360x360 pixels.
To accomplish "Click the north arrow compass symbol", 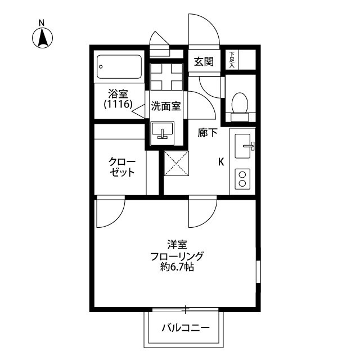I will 42,35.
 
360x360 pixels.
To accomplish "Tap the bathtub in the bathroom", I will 118,68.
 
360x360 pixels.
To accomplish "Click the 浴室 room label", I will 119,93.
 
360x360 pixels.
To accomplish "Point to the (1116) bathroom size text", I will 118,105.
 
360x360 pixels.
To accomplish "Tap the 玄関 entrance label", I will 204,62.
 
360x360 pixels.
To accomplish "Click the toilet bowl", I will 240,103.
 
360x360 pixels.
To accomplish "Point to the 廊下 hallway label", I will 208,134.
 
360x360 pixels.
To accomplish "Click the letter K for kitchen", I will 221,162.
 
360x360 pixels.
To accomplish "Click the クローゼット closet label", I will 122,167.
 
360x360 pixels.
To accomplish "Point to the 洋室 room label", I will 177,245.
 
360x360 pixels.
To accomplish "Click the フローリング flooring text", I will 177,256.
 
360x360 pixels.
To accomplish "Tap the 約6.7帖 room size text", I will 177,268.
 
